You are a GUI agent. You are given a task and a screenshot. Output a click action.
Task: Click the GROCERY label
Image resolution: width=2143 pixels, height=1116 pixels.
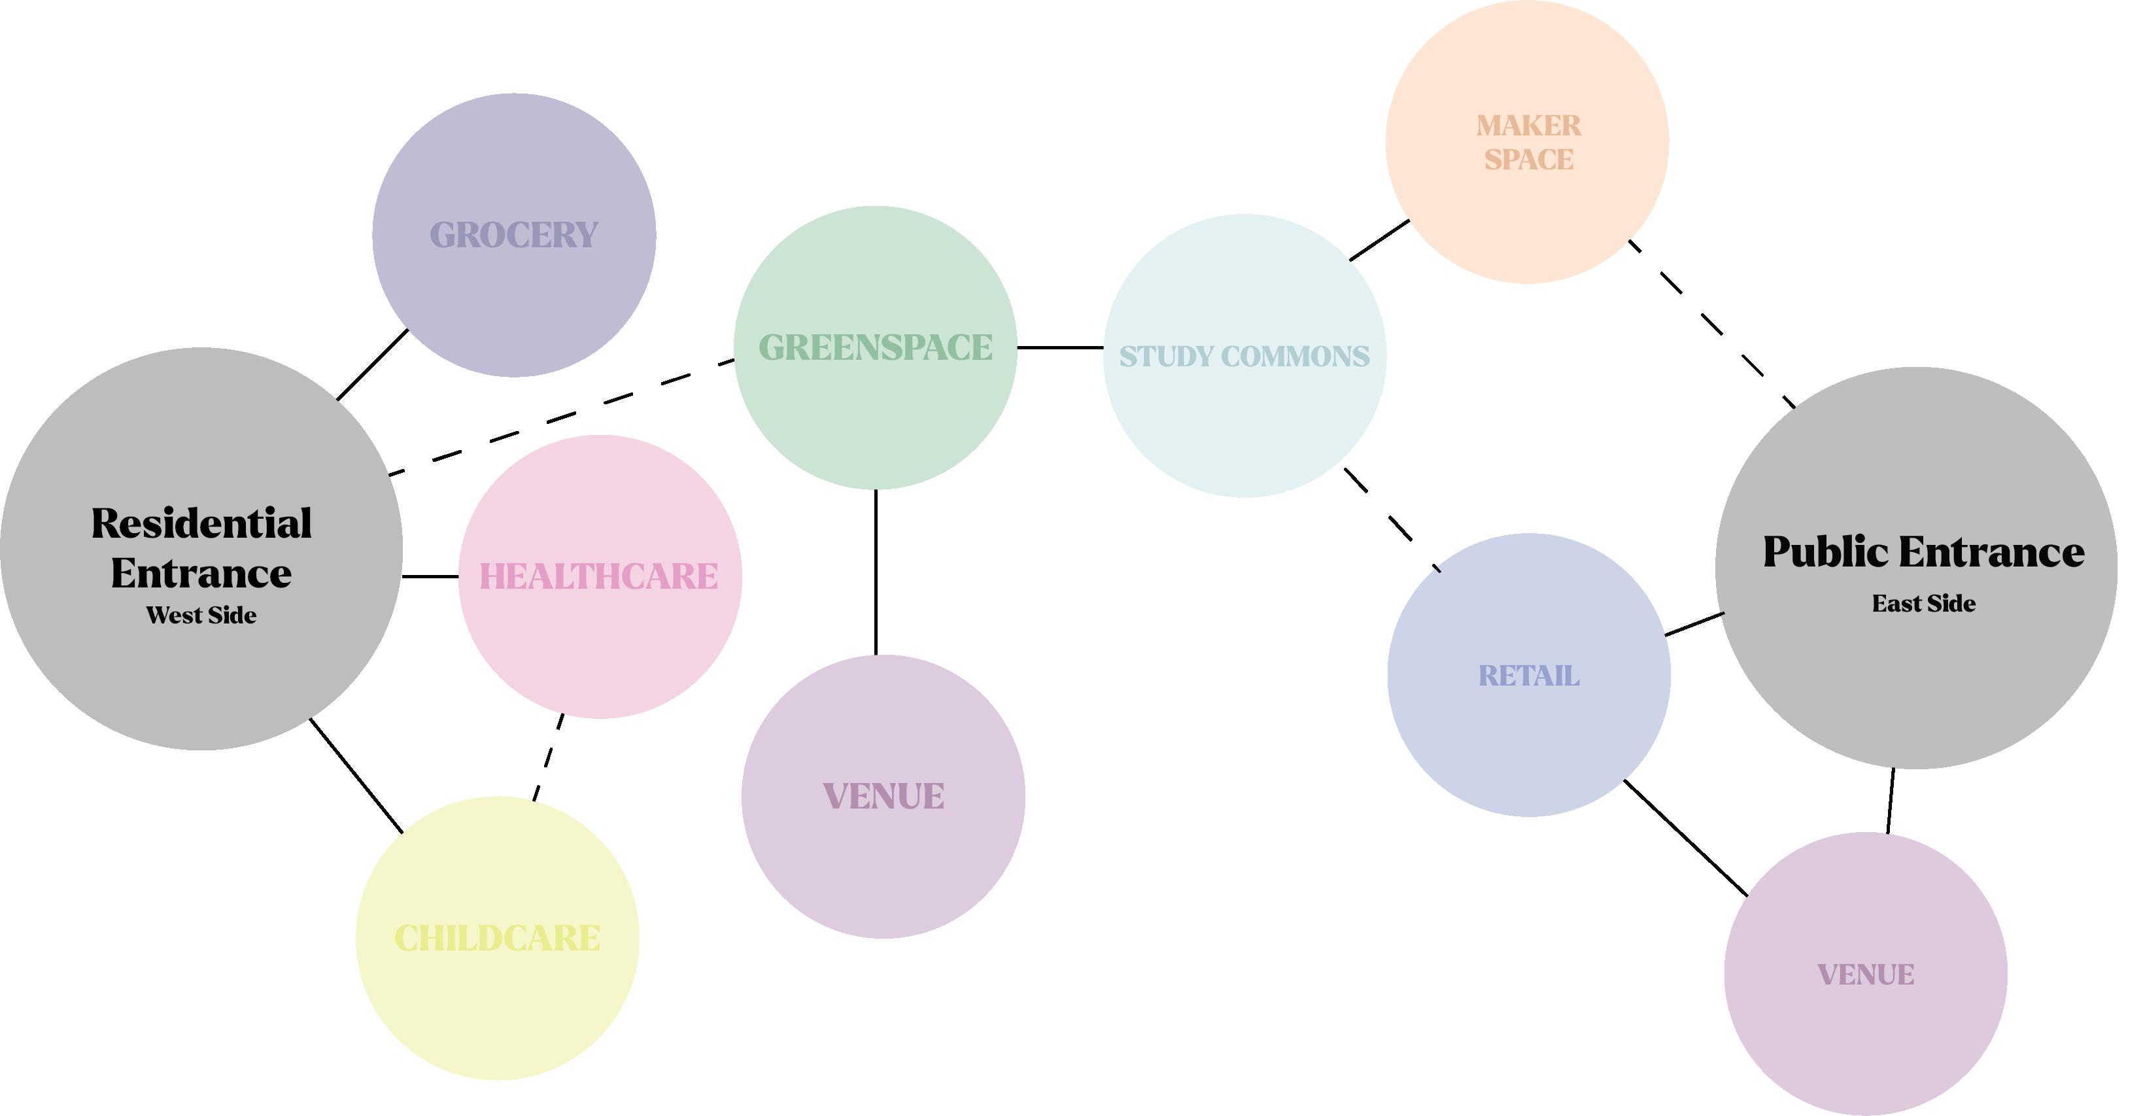click(x=513, y=235)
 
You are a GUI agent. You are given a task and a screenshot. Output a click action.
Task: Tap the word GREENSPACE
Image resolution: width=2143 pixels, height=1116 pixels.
click(x=875, y=348)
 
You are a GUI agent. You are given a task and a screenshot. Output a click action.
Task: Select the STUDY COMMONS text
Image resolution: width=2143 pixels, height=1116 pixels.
click(x=1244, y=356)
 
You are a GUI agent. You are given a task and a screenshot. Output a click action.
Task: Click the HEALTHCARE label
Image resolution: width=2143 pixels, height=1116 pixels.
click(x=599, y=577)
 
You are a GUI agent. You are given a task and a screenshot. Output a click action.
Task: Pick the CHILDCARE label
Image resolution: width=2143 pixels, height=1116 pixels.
click(x=496, y=939)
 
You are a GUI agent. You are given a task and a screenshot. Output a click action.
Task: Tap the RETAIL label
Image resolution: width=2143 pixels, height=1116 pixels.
click(x=1528, y=676)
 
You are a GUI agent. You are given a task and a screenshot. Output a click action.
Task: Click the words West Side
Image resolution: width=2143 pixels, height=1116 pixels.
click(x=201, y=615)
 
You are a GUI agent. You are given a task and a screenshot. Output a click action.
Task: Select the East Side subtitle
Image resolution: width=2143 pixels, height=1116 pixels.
click(x=1923, y=603)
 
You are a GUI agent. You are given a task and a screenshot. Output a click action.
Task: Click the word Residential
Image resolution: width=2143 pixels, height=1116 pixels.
click(x=201, y=523)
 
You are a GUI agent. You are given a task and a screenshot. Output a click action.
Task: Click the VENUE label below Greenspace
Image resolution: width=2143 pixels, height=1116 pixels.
click(x=883, y=796)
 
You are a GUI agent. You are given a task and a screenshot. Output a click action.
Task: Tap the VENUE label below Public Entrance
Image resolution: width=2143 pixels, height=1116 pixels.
click(x=1865, y=975)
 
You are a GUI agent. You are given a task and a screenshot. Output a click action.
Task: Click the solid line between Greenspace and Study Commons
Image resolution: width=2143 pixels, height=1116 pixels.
click(x=1060, y=347)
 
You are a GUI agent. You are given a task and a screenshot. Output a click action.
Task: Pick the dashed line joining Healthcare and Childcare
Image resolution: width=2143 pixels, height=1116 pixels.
click(x=548, y=758)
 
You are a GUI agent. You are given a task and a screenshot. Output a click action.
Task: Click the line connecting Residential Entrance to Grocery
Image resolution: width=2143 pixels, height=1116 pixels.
click(x=372, y=364)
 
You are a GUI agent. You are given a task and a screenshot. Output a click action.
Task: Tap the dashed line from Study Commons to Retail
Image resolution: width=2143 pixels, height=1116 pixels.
click(x=1392, y=520)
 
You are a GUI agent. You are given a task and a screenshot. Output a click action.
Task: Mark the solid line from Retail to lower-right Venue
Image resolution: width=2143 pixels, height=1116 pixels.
click(x=1685, y=838)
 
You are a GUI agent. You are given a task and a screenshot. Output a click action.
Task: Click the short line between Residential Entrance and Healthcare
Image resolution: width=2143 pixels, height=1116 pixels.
click(x=430, y=576)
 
